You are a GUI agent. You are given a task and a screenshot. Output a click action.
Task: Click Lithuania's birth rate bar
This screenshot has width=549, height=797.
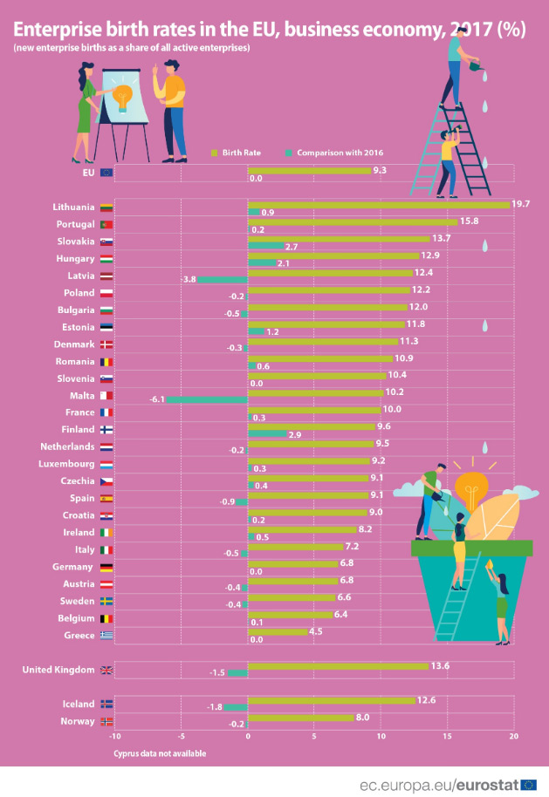click(378, 206)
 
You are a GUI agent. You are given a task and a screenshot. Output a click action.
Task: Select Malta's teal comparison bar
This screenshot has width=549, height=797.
click(208, 398)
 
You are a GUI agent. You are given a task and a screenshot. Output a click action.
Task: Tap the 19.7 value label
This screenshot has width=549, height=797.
click(521, 204)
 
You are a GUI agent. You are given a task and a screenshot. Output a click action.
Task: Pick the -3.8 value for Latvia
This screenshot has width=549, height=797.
click(187, 279)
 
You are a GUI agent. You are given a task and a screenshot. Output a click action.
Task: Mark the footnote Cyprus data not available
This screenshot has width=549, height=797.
click(160, 753)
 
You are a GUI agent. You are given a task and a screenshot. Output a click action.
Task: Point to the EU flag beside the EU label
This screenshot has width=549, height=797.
click(106, 173)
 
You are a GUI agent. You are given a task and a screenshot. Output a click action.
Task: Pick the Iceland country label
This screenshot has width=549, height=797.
click(76, 703)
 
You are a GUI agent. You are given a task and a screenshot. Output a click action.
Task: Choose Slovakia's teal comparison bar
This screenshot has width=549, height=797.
click(265, 246)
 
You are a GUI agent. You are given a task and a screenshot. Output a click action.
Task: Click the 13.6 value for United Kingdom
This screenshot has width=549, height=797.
click(440, 665)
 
